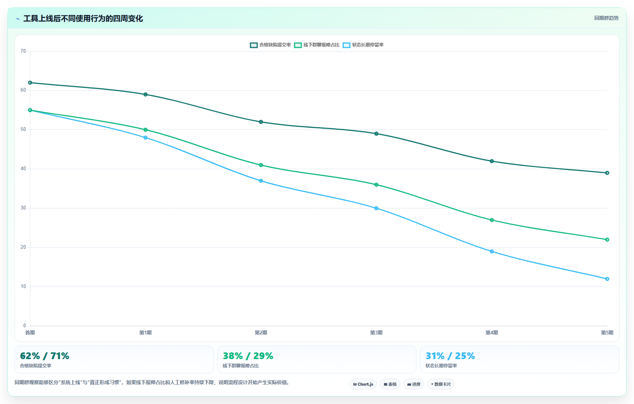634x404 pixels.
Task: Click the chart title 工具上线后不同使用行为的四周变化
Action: [83, 19]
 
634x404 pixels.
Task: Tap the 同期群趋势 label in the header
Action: [606, 18]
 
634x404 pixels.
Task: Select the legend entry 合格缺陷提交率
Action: [270, 45]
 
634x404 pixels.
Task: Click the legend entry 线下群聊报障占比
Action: [317, 45]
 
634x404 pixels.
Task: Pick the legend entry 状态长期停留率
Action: [363, 45]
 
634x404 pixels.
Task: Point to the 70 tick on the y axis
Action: [23, 51]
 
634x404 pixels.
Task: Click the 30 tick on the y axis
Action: [23, 208]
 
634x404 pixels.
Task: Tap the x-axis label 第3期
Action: [376, 333]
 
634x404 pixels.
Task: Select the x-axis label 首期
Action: [30, 333]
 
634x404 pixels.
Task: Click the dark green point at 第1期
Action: [145, 94]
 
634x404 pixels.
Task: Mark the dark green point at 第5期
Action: [607, 173]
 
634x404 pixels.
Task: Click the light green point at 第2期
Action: [261, 165]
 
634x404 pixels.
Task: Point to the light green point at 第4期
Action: [492, 220]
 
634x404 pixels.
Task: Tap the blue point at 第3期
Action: [376, 208]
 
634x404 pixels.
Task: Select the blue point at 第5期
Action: [607, 279]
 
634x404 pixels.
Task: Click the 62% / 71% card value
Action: [44, 356]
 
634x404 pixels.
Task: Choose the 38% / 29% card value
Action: [248, 356]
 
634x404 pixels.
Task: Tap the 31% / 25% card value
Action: [450, 356]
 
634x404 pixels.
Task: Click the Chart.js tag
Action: [363, 384]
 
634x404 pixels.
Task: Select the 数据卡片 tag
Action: [441, 384]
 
